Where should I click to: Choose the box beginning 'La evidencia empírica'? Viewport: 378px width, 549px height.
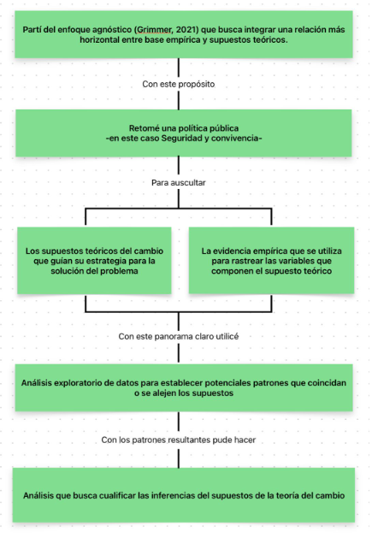click(267, 260)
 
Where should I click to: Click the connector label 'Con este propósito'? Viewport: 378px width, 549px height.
click(178, 85)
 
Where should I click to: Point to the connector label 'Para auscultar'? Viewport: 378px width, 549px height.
click(178, 183)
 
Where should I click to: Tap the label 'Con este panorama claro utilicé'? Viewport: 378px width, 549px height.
click(178, 336)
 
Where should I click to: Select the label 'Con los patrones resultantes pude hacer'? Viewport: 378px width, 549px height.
click(178, 440)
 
